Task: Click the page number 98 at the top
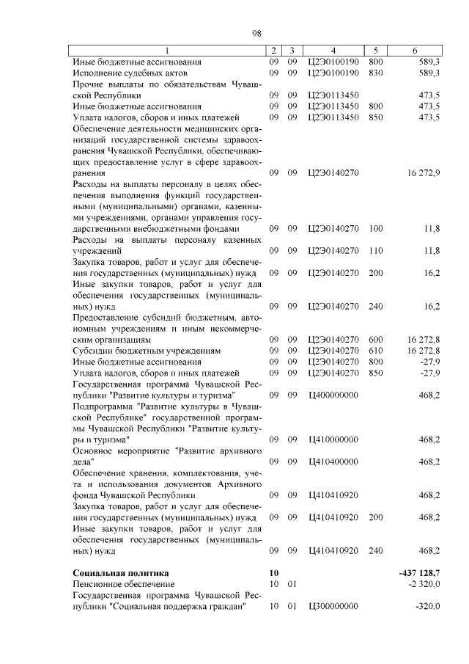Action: point(256,33)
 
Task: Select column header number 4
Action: point(333,51)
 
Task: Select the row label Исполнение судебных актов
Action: point(130,73)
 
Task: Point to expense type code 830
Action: point(376,73)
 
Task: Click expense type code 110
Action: point(376,251)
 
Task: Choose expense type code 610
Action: point(376,351)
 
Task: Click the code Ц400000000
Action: point(333,395)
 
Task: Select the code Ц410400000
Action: point(333,461)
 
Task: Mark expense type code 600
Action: point(376,340)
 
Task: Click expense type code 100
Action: point(376,229)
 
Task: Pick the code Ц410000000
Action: point(333,439)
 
